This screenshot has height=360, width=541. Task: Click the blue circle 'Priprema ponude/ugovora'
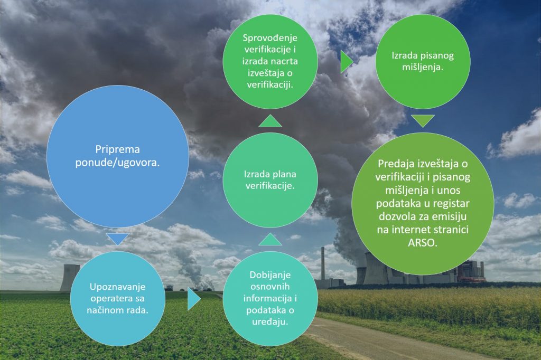(118, 156)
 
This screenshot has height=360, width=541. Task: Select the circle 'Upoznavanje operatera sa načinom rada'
(118, 299)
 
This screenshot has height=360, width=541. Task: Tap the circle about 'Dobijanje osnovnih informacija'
(270, 299)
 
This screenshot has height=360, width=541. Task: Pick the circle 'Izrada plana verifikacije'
(270, 180)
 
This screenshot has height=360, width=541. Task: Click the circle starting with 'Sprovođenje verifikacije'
(270, 61)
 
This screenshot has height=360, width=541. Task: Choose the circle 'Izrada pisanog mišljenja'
(423, 61)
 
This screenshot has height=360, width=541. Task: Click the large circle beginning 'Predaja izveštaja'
(423, 204)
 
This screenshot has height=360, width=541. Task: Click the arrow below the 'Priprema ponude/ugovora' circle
(118, 239)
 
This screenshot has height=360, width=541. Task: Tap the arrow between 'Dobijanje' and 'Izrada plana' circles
(270, 239)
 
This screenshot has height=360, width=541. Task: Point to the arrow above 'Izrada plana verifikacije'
(270, 121)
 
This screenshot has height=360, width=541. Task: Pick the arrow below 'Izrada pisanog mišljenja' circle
(423, 121)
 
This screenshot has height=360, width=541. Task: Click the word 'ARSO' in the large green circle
(423, 242)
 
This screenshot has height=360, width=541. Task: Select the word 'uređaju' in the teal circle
(270, 322)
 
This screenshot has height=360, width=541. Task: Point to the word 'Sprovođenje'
(270, 37)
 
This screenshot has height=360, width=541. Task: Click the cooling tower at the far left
(70, 278)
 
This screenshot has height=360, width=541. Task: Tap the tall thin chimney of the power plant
(323, 264)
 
